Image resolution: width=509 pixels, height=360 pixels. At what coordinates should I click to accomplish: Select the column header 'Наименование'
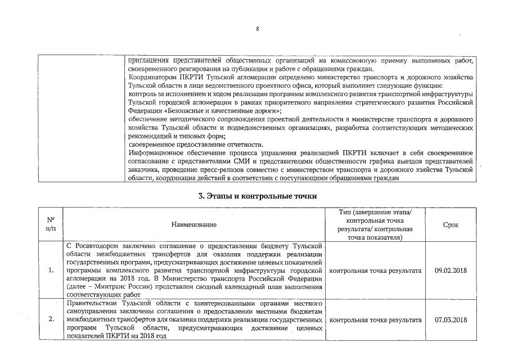coord(193,225)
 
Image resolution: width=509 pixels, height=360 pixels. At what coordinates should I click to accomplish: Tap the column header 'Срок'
coord(451,225)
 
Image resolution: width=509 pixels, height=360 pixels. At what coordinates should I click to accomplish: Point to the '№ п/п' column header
coord(50,225)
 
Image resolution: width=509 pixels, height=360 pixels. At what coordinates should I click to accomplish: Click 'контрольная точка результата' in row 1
coord(375,271)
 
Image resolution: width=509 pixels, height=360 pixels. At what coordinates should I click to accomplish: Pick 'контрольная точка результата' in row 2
coord(375,320)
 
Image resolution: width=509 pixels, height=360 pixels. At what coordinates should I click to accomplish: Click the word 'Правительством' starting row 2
coord(91,304)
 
